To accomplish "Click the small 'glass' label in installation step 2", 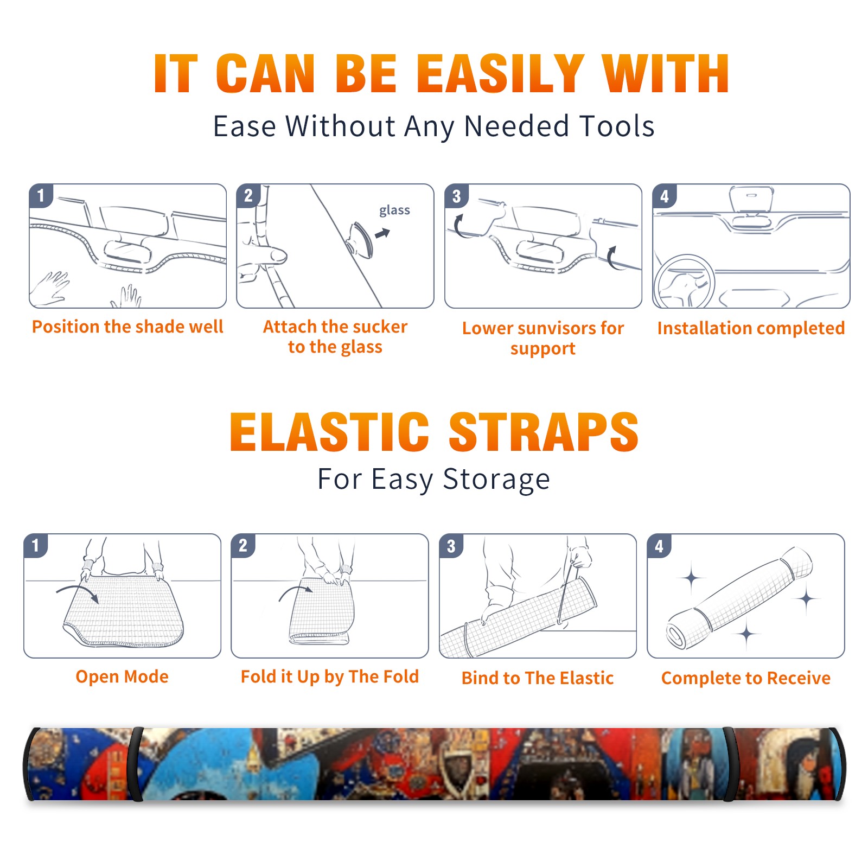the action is (394, 210).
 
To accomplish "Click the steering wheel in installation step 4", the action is (684, 282).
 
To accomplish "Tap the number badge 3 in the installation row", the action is (456, 196).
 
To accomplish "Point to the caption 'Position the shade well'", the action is (127, 327).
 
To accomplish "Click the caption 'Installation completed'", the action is (751, 328).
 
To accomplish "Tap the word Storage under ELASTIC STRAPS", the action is (496, 480).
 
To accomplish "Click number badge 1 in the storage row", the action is (36, 545).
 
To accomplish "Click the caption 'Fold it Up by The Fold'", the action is (330, 677).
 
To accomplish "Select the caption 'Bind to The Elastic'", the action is (538, 678).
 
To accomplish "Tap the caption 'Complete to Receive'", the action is (746, 678).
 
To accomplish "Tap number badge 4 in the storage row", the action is (659, 546).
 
